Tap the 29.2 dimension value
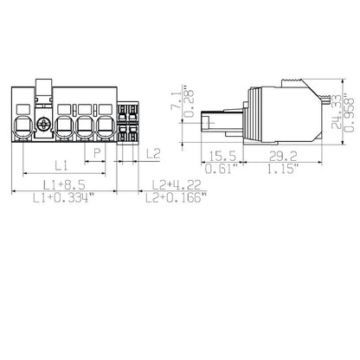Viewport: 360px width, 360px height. (x=279, y=156)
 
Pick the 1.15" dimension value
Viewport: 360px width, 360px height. (x=279, y=169)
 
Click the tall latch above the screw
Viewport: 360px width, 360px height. (x=44, y=90)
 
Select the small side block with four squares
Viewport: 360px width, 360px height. (x=127, y=123)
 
